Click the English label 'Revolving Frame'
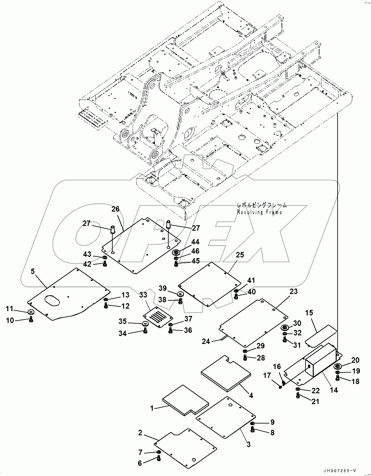tap(259, 212)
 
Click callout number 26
tap(115, 209)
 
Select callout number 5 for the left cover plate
tap(33, 271)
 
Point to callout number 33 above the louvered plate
tap(143, 295)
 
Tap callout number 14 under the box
tap(334, 390)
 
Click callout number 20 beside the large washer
tap(355, 360)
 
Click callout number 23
tap(293, 291)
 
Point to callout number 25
tap(240, 255)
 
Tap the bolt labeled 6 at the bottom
tap(159, 458)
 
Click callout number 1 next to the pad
tap(152, 408)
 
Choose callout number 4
tap(251, 395)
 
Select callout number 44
tap(195, 242)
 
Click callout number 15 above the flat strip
tap(309, 313)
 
